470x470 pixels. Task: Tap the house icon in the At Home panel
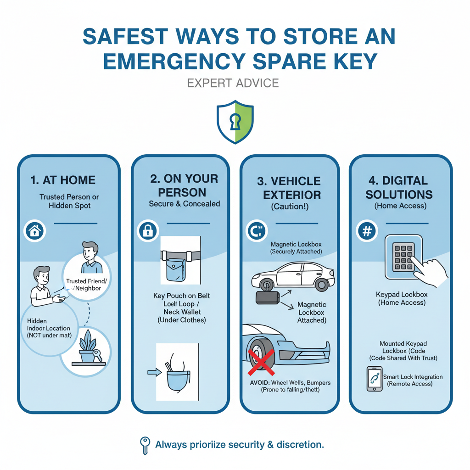pos(34,231)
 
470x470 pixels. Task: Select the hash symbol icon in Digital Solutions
pos(367,231)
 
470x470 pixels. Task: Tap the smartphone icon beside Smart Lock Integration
pos(374,379)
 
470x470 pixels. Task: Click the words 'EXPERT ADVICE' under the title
pos(233,83)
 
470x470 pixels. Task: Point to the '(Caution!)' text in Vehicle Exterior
pos(290,207)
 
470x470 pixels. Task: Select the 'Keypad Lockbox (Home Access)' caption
pos(401,298)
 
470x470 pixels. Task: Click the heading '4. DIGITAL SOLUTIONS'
pos(399,187)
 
